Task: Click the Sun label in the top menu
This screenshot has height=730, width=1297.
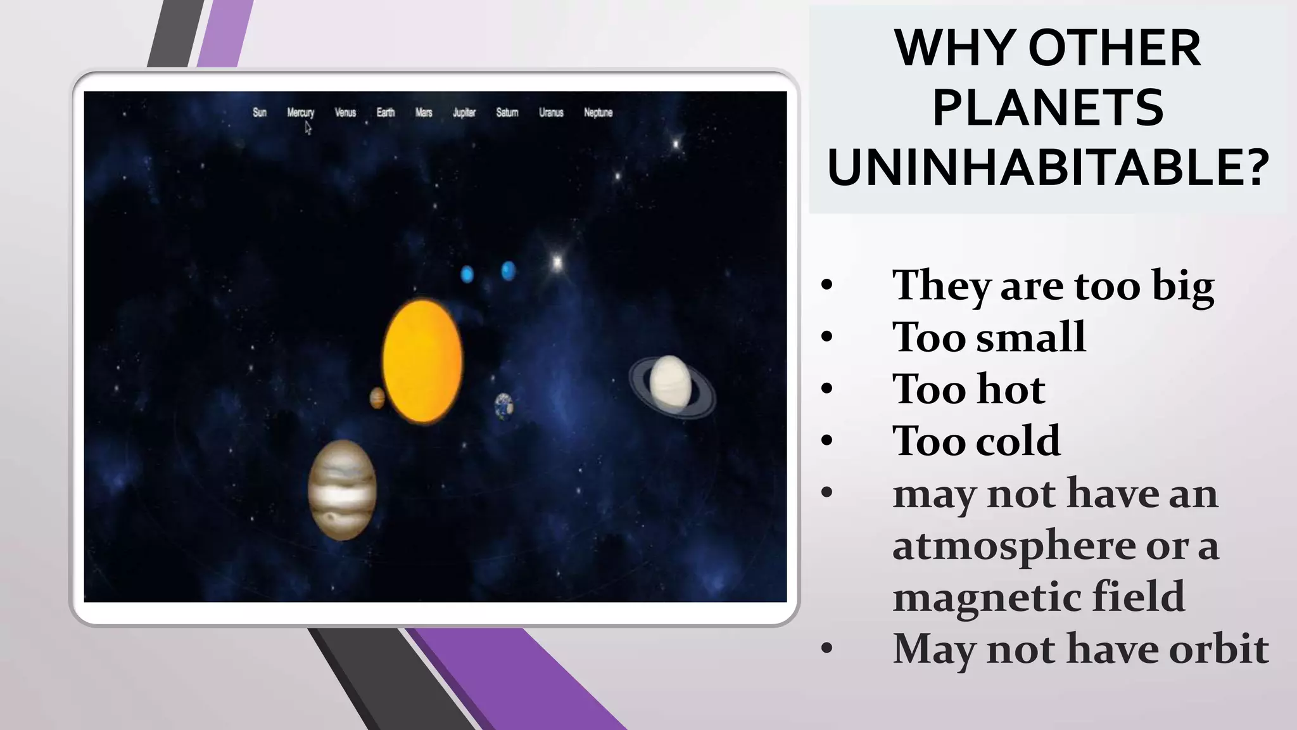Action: click(260, 112)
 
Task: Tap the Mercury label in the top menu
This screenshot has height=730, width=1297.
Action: click(300, 112)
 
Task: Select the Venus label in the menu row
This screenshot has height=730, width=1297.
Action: click(345, 112)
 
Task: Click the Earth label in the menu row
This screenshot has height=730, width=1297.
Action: click(385, 112)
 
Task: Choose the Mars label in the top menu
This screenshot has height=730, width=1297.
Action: click(424, 112)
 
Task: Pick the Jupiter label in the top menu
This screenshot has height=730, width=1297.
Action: click(464, 112)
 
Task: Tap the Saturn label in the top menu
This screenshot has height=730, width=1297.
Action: click(507, 112)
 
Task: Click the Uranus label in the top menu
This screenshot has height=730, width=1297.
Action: click(551, 112)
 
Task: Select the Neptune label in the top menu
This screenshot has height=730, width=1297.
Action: click(598, 112)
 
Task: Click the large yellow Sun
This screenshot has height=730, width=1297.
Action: click(422, 361)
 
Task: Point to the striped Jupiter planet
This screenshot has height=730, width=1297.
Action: click(342, 490)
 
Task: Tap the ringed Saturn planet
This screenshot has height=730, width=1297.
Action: click(671, 384)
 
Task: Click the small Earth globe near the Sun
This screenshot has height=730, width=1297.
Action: click(504, 406)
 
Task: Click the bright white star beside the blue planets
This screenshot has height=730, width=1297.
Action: click(557, 262)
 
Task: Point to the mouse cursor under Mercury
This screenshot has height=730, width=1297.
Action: click(308, 128)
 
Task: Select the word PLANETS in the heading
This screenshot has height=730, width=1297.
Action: click(1047, 107)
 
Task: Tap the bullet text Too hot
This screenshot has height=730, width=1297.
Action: click(968, 388)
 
